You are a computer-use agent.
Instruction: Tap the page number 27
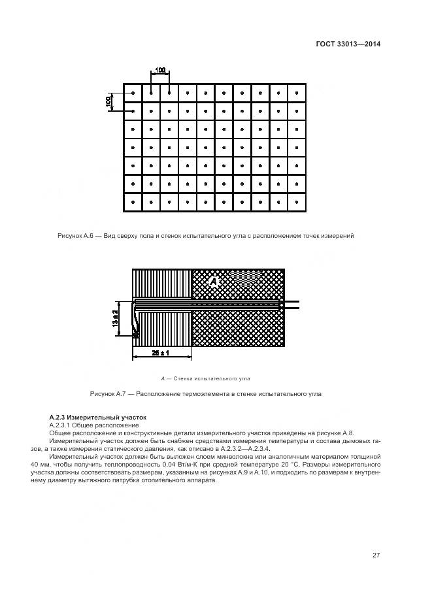click(376, 555)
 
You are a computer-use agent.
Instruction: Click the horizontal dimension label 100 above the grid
click(159, 70)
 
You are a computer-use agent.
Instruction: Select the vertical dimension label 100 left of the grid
click(109, 102)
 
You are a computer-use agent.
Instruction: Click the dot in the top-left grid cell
click(133, 93)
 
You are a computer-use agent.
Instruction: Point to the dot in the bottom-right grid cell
click(296, 203)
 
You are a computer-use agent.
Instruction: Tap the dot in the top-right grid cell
click(296, 93)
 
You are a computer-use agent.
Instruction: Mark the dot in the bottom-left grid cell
click(133, 203)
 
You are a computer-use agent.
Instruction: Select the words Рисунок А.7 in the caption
click(107, 394)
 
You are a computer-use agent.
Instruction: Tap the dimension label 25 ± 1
click(161, 353)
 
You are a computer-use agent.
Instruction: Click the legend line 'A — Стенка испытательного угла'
click(205, 378)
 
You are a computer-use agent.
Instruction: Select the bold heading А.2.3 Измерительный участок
click(98, 417)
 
